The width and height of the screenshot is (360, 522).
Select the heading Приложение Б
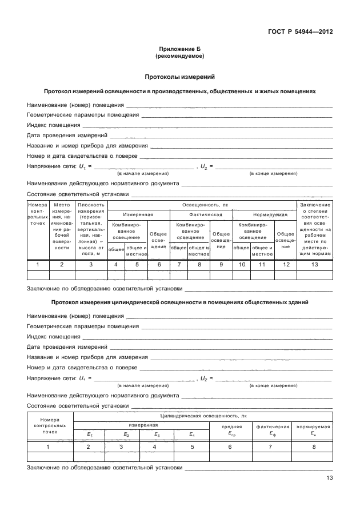coord(179,50)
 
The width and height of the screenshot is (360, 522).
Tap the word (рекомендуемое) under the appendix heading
coord(179,57)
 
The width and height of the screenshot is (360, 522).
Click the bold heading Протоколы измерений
coord(179,76)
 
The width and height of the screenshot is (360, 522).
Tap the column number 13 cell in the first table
coord(314,264)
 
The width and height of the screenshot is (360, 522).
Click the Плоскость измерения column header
coord(91,229)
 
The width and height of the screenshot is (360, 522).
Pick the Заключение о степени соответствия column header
coord(314,229)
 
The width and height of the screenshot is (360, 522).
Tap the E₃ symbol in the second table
coord(155,435)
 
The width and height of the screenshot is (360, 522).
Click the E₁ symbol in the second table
coord(89,435)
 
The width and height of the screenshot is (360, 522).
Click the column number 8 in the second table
coord(314,447)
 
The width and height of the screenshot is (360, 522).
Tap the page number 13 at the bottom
coord(329,479)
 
